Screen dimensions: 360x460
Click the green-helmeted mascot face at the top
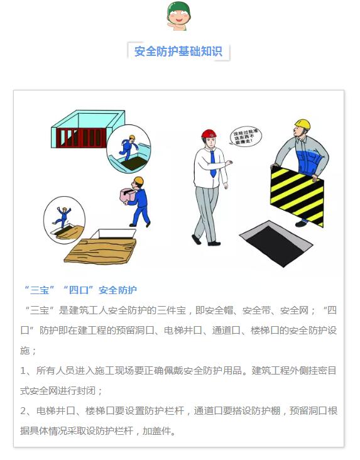(x=178, y=16)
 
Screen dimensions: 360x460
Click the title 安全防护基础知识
(x=178, y=52)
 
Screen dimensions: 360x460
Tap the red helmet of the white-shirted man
(x=209, y=133)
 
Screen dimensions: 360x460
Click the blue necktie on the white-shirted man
(x=213, y=162)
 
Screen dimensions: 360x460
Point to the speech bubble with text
(x=245, y=137)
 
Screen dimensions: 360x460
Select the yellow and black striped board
(x=297, y=195)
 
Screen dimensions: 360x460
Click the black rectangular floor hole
(x=276, y=244)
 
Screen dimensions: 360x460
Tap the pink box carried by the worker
(x=128, y=195)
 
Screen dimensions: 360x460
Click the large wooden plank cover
(x=101, y=251)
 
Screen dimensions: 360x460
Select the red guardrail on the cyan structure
(x=81, y=138)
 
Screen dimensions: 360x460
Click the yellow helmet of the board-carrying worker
(x=303, y=124)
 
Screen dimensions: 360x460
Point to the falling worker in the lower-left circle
(x=63, y=217)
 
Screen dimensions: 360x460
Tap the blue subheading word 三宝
(x=40, y=290)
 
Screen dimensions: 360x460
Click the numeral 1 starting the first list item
(x=23, y=371)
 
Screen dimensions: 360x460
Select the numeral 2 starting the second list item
(x=23, y=411)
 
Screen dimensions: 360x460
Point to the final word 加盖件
(x=156, y=431)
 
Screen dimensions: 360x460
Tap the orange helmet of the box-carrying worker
(x=139, y=180)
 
